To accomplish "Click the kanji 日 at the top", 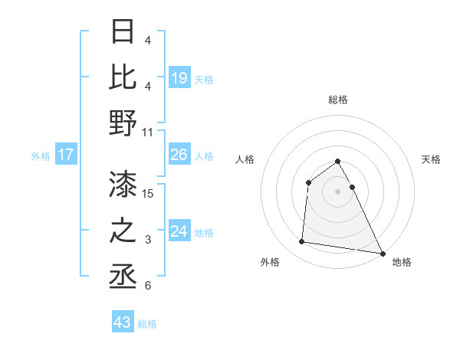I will point(123,32).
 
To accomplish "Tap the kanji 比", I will point(123,77).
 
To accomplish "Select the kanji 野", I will point(123,123).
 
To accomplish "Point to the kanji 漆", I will point(123,184).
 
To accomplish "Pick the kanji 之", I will point(123,231).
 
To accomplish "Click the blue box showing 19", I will point(179,77).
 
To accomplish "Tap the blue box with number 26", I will point(179,155).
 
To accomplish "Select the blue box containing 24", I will point(179,231).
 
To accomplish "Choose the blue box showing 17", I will point(66,155).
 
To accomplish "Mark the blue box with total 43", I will point(122,322).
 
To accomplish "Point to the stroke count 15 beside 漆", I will point(149,193).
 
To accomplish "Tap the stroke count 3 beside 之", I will point(148,240).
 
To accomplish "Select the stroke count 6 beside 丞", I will point(148,286).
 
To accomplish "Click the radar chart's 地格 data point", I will point(383,254).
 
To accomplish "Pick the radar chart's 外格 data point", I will point(302,242).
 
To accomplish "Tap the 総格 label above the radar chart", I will point(337,100).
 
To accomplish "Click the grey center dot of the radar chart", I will point(337,191).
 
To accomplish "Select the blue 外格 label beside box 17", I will point(41,156).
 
